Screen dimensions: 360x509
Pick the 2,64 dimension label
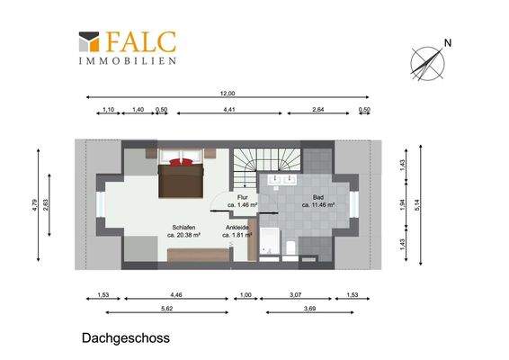coord(318,110)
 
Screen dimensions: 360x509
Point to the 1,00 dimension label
coord(244,294)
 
